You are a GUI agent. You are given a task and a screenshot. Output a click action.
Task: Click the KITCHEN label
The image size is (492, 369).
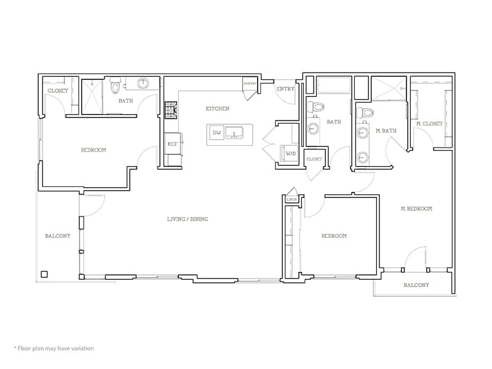pyautogui.click(x=217, y=109)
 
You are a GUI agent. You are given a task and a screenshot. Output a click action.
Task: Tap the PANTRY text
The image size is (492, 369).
pyautogui.click(x=250, y=84)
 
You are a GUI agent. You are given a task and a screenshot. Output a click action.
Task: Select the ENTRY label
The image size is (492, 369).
pyautogui.click(x=285, y=89)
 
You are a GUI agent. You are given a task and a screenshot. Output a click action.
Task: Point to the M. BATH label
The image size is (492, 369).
pyautogui.click(x=386, y=130)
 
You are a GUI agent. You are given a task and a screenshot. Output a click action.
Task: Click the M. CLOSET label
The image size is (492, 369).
pyautogui.click(x=429, y=124)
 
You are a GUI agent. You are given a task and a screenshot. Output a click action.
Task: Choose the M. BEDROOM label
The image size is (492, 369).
pyautogui.click(x=416, y=208)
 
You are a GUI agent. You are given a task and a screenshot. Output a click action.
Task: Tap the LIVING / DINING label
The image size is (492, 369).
pyautogui.click(x=192, y=219)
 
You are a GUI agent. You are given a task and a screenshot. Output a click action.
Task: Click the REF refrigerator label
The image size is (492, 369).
pyautogui.click(x=172, y=144)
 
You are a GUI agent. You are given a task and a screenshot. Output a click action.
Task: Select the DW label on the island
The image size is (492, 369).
pyautogui.click(x=216, y=133)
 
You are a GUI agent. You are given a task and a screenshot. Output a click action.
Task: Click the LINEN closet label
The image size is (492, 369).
pyautogui.click(x=292, y=199)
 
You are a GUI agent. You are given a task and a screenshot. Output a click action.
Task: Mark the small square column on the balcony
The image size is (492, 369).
pyautogui.click(x=44, y=274)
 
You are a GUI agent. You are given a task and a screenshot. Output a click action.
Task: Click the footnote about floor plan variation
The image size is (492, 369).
pyautogui.click(x=54, y=348)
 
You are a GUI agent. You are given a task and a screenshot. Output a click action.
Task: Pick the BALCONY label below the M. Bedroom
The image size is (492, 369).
pyautogui.click(x=416, y=285)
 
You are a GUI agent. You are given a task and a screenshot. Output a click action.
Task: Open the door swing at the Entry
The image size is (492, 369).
pyautogui.click(x=284, y=98)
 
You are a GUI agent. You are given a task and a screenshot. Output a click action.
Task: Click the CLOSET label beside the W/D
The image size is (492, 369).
pyautogui.click(x=314, y=159)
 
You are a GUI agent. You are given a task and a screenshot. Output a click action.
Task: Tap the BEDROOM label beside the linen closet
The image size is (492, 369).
pyautogui.click(x=333, y=236)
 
